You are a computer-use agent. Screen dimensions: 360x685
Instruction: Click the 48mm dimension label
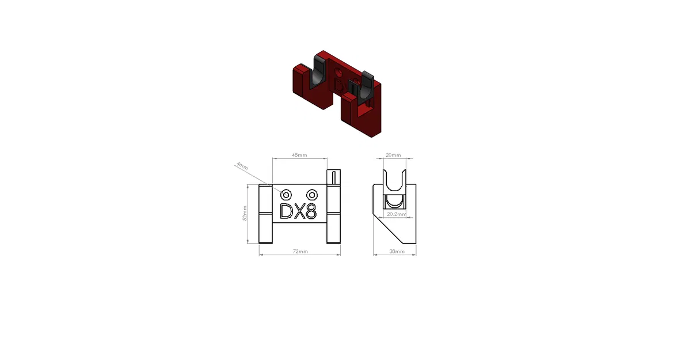(x=299, y=155)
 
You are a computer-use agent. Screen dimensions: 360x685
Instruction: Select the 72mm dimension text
(x=300, y=252)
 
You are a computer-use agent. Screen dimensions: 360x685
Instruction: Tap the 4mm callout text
(x=242, y=166)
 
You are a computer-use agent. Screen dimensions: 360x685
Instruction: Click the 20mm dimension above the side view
(x=393, y=155)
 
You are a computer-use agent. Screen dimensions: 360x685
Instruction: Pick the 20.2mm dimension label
(x=395, y=214)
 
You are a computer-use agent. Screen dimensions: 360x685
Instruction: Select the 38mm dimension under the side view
(x=395, y=252)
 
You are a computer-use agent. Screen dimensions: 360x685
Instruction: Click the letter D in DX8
(x=286, y=211)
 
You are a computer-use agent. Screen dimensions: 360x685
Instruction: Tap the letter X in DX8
(x=299, y=211)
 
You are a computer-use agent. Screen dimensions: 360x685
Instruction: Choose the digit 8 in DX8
(x=311, y=211)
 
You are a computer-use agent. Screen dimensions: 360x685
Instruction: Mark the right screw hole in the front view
(x=312, y=194)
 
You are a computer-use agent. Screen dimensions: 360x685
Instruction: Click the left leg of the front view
(x=265, y=214)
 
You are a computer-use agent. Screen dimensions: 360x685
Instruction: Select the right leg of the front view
(x=334, y=214)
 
